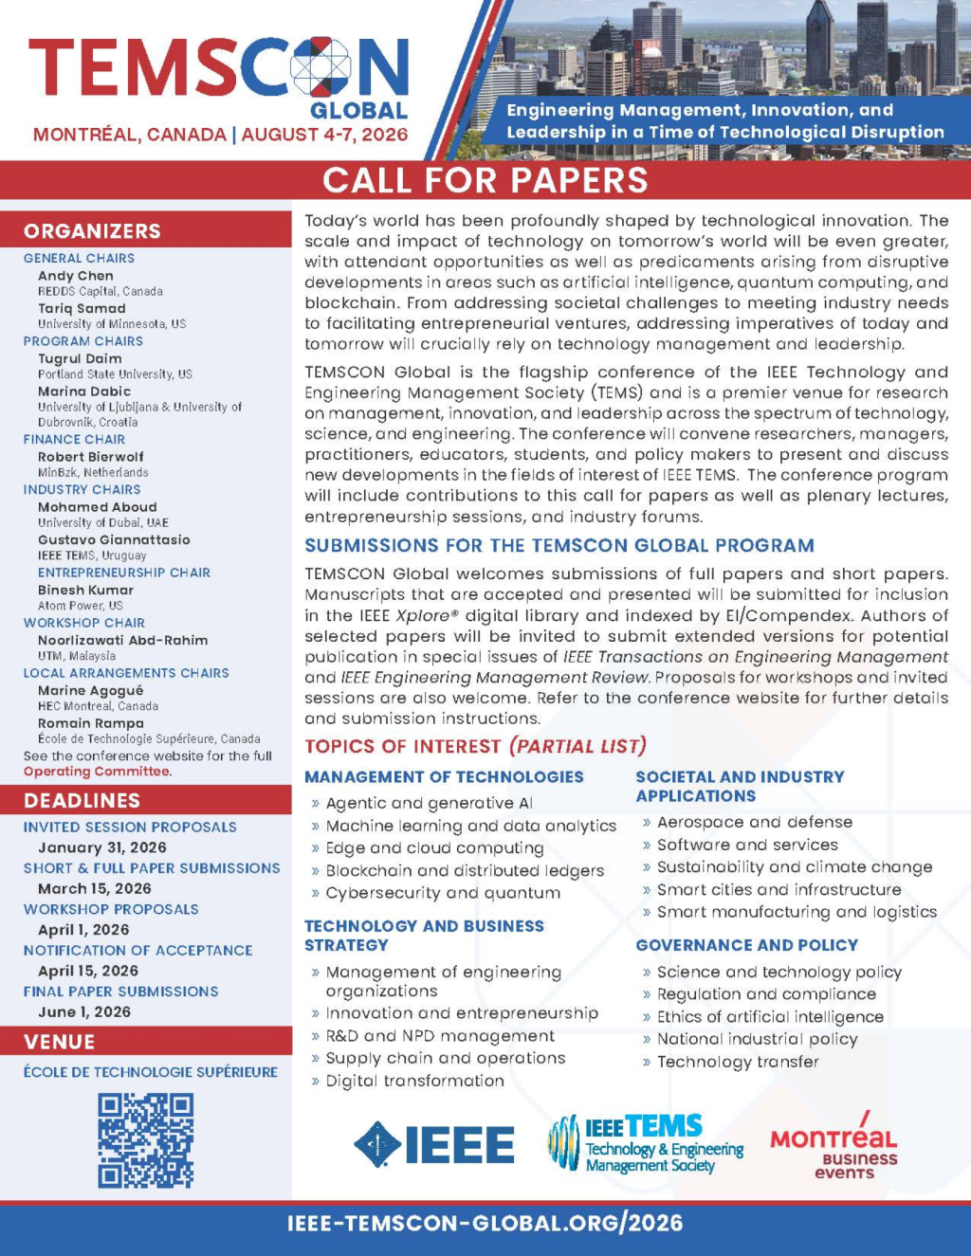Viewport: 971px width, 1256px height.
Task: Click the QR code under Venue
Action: click(145, 1140)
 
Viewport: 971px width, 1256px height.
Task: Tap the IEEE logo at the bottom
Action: click(434, 1144)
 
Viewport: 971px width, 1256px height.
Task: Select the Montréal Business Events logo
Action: click(834, 1146)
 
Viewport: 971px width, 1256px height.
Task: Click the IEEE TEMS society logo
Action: click(645, 1142)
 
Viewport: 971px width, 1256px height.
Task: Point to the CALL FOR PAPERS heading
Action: click(485, 180)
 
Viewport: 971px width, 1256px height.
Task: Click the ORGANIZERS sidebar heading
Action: click(92, 231)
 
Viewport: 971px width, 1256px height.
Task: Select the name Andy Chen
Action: click(76, 276)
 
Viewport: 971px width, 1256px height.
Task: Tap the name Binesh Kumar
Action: click(85, 590)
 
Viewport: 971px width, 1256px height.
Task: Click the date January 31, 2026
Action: click(102, 847)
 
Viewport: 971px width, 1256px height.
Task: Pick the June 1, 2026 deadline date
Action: click(84, 1011)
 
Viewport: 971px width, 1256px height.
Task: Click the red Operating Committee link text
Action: click(97, 772)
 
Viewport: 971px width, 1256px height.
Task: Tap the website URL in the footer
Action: click(485, 1223)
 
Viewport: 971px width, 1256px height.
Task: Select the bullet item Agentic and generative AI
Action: click(429, 803)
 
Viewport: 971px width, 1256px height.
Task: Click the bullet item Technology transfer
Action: click(737, 1062)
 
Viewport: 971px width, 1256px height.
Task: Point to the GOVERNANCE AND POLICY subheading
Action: click(746, 945)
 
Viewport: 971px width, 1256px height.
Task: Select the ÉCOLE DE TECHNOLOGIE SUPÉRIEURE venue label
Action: click(151, 1072)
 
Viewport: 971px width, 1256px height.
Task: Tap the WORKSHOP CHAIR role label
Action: click(84, 623)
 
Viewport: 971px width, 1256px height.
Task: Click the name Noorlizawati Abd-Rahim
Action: click(122, 640)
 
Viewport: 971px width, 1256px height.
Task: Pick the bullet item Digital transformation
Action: click(414, 1081)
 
